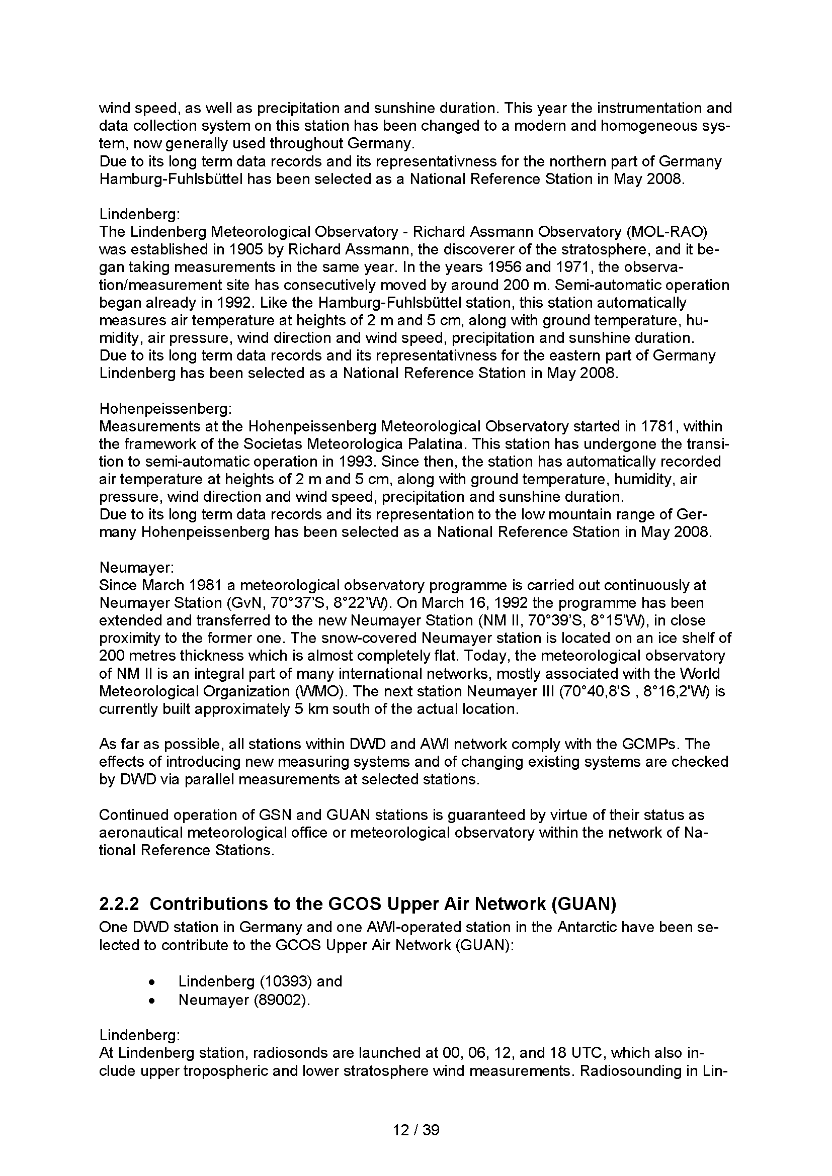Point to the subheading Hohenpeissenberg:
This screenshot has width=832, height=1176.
[x=165, y=409]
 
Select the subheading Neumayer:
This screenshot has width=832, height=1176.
[x=137, y=568]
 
